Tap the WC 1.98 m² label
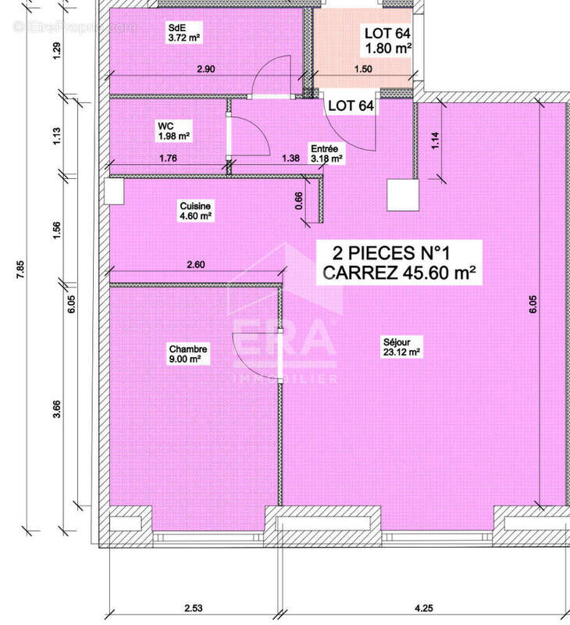click(x=173, y=130)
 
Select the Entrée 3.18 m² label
click(x=325, y=153)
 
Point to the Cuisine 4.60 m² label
click(x=195, y=211)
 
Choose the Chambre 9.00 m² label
click(x=185, y=354)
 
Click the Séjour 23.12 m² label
click(x=402, y=347)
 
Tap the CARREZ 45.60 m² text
click(x=400, y=273)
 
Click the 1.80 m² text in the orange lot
click(x=388, y=48)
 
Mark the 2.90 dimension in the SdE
click(x=206, y=70)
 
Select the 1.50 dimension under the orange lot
click(x=362, y=70)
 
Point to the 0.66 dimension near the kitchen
click(x=299, y=202)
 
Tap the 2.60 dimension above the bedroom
click(x=196, y=265)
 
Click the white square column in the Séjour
click(x=402, y=195)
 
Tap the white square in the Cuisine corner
click(x=113, y=191)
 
